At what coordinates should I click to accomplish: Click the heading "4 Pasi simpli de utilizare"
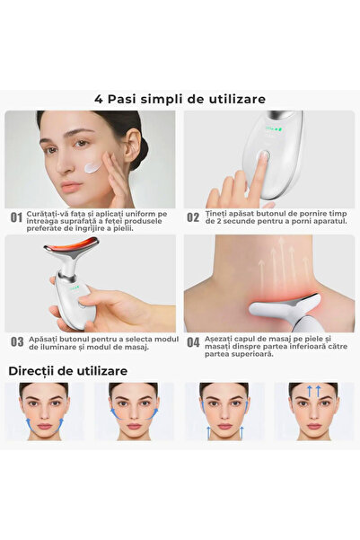click(x=180, y=99)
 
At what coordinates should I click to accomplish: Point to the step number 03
click(x=16, y=342)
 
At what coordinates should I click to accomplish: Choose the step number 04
click(x=193, y=342)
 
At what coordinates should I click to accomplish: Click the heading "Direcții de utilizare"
click(x=67, y=370)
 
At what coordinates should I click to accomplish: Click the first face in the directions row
click(x=44, y=411)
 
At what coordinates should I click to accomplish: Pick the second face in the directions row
click(x=133, y=411)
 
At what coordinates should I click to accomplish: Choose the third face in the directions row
click(x=224, y=411)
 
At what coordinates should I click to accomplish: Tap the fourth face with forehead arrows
click(x=313, y=411)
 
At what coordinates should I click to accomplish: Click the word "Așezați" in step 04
click(x=218, y=338)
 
